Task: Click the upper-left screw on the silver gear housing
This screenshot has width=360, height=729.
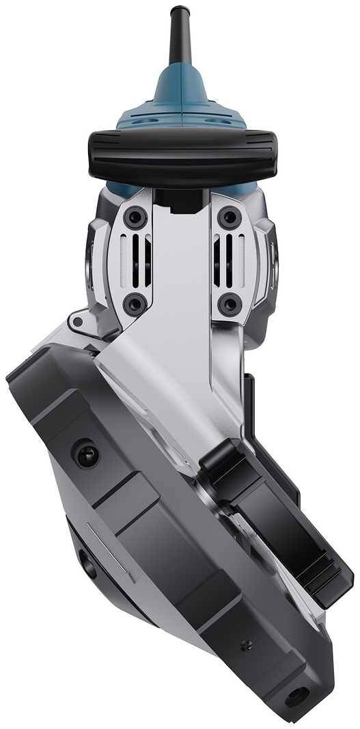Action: pyautogui.click(x=136, y=218)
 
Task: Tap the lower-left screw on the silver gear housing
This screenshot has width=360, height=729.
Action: pyautogui.click(x=136, y=303)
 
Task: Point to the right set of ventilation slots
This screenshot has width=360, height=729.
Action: pyautogui.click(x=224, y=260)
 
